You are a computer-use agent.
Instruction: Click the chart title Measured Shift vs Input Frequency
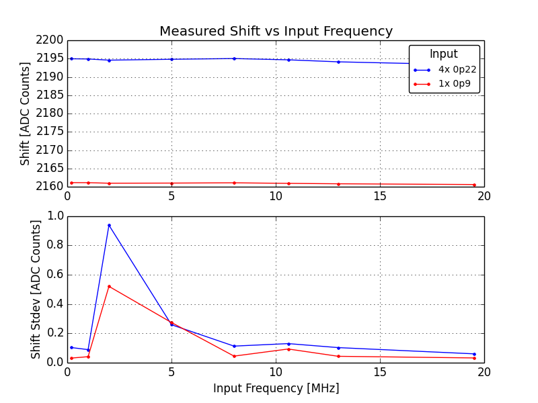(276, 32)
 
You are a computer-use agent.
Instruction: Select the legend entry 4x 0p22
(457, 70)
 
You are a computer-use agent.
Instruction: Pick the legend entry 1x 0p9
(455, 84)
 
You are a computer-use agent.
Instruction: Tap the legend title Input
(444, 54)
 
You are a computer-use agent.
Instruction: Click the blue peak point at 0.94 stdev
(109, 225)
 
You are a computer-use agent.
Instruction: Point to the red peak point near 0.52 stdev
(109, 286)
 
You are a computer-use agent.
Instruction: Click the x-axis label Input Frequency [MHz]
(276, 389)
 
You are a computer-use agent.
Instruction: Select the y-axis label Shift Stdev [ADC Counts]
(36, 289)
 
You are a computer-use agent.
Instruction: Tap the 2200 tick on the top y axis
(51, 40)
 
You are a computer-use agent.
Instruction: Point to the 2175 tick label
(51, 132)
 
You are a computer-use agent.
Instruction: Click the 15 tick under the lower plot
(380, 371)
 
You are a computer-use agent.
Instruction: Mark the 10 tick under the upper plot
(276, 196)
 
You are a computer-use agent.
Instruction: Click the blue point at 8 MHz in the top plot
(234, 58)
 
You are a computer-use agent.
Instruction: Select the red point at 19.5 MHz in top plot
(474, 185)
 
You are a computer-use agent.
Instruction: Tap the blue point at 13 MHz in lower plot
(338, 348)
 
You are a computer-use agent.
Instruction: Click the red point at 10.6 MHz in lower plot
(289, 349)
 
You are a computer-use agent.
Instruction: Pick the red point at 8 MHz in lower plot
(234, 356)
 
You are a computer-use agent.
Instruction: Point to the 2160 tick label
(51, 187)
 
